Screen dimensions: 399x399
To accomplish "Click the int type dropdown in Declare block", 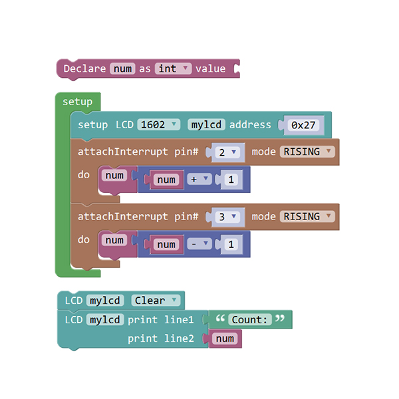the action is (173, 68).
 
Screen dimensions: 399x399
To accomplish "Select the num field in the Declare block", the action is (122, 68).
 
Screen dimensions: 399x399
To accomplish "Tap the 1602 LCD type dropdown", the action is (158, 125).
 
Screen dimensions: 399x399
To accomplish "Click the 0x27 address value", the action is (303, 125).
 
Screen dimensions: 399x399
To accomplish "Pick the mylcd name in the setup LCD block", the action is (206, 125).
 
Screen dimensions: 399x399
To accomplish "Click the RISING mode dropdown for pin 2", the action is (307, 152).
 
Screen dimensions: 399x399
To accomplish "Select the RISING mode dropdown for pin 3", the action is (307, 216).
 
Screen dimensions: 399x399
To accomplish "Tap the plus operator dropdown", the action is (199, 179).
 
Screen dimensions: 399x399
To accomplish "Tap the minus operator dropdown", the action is (199, 244).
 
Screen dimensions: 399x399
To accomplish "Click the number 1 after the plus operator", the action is (231, 180).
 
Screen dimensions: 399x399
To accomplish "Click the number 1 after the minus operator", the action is (231, 245).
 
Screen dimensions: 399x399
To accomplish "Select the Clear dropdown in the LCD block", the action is (156, 301).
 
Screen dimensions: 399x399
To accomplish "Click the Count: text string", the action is (250, 320).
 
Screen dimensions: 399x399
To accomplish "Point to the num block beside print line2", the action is (225, 338).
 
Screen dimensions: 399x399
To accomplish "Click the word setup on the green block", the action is (77, 102).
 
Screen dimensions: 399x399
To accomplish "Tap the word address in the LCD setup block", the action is (250, 125).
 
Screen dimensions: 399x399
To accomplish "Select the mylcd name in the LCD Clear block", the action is (105, 301).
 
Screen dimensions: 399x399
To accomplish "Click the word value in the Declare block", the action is (210, 68).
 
